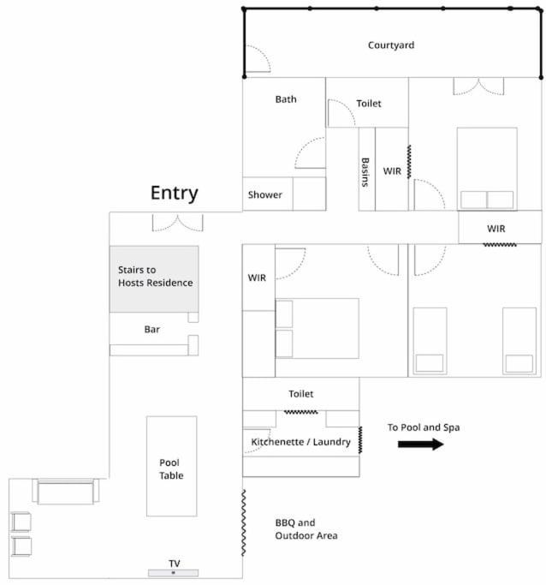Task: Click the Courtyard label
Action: point(390,45)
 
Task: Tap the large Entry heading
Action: point(174,194)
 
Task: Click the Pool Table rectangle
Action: point(171,466)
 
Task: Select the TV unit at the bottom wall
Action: point(174,573)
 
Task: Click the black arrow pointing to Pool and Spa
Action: point(421,444)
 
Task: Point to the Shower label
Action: point(265,194)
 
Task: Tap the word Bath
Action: point(286,99)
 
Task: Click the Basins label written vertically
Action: point(365,172)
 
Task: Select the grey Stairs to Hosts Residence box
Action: point(154,278)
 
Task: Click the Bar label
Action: point(152,330)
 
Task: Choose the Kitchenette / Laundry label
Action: point(300,442)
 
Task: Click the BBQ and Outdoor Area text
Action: point(306,529)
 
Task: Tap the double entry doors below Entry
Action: point(177,223)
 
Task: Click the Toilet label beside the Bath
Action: point(369,104)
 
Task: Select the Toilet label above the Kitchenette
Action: point(300,394)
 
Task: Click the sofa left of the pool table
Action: point(66,492)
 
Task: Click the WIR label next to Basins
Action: point(392,171)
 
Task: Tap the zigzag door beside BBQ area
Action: point(244,522)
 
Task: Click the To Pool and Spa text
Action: point(424,427)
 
